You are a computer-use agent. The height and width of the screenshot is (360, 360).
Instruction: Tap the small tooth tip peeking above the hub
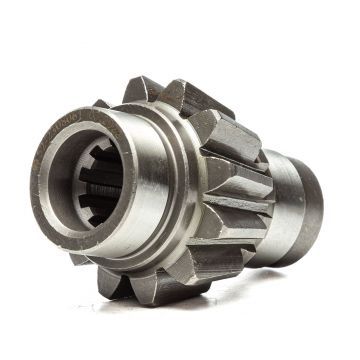point(101,103)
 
